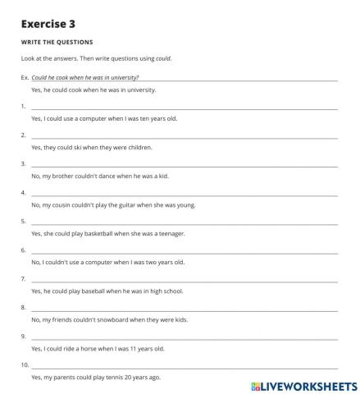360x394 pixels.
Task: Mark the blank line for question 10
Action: tap(184, 364)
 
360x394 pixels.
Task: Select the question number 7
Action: tap(23, 278)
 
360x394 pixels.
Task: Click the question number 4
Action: tap(23, 192)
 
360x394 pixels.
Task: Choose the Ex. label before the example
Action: tap(25, 76)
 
